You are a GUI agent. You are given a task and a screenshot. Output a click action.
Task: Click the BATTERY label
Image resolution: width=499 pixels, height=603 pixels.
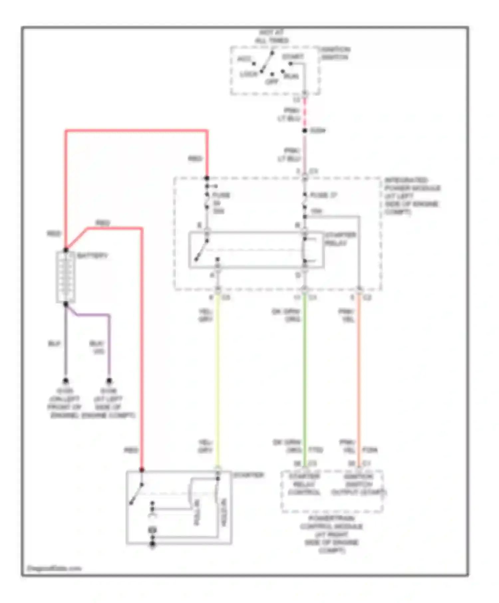tap(92, 256)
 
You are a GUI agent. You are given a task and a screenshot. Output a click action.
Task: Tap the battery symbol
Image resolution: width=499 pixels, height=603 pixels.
tap(66, 277)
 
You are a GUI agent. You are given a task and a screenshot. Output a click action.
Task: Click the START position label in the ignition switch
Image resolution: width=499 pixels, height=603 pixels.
tap(293, 57)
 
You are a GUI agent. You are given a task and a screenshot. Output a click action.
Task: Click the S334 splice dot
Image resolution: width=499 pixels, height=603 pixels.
tap(304, 131)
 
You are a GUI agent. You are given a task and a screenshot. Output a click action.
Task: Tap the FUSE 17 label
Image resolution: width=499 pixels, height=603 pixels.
tap(323, 195)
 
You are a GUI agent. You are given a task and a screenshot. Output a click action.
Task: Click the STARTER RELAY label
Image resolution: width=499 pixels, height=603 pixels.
tap(340, 239)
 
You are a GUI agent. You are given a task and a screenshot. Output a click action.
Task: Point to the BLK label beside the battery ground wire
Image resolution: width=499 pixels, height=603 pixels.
tap(55, 343)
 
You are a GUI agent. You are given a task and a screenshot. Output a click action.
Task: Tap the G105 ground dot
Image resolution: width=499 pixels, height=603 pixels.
tap(66, 381)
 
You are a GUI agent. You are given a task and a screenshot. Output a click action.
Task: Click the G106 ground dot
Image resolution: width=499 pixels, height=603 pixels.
tap(109, 381)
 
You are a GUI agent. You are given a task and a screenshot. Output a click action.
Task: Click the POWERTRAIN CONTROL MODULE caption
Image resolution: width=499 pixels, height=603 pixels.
tap(332, 534)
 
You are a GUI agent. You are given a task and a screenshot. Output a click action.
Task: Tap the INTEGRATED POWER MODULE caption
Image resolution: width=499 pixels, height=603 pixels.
tap(412, 196)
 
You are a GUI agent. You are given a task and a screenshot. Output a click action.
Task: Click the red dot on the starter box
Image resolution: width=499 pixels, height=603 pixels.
tap(142, 470)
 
